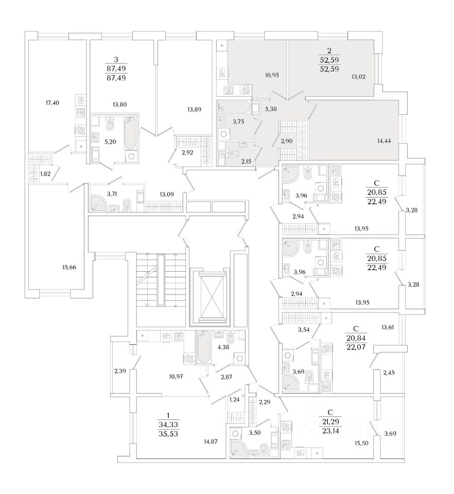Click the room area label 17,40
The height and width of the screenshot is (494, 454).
53,103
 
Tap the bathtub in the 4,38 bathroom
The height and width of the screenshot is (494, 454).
203,347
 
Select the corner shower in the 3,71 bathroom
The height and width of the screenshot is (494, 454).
100,202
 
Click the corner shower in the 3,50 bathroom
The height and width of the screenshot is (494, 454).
239,447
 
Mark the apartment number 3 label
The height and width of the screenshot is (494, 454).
115,60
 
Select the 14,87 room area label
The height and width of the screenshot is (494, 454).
211,440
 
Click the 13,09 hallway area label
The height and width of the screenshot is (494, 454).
166,195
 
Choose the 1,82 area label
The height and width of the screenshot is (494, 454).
45,173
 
